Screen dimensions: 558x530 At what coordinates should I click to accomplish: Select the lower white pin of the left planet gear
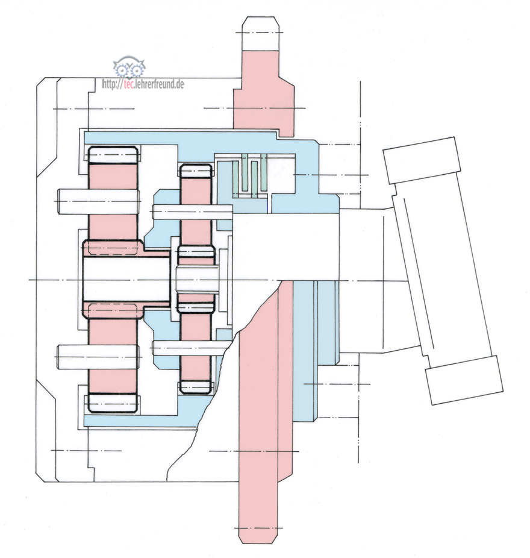click(x=98, y=357)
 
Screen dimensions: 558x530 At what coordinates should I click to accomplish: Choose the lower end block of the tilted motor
click(x=463, y=380)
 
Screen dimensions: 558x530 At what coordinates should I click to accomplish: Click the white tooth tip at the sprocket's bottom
click(x=260, y=533)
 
